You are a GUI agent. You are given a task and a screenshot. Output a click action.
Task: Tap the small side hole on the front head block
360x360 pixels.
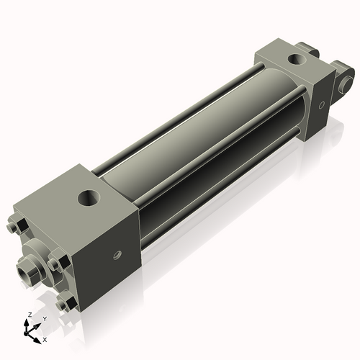pos(115,253)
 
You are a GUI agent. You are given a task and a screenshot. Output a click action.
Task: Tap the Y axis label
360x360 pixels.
pos(45,318)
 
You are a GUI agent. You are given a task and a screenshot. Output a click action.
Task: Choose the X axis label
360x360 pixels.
pos(45,338)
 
